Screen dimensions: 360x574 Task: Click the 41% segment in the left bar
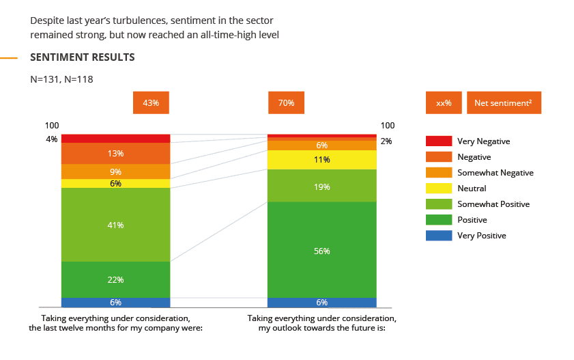[115, 225]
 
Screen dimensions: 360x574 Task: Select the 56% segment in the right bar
[321, 250]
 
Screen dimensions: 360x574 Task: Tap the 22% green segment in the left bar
[115, 279]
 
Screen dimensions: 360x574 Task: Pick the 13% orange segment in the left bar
[115, 153]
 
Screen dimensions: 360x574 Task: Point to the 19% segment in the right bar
[321, 186]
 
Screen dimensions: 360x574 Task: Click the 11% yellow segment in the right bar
[321, 160]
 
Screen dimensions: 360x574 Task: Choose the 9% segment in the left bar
[115, 171]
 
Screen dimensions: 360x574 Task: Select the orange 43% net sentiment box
[151, 103]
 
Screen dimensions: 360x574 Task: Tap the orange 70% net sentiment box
[286, 103]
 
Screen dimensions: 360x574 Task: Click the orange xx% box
[444, 103]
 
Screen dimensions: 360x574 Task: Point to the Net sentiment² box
[504, 103]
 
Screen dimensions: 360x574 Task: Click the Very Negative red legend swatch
[438, 141]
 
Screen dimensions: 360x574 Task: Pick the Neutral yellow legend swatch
[438, 188]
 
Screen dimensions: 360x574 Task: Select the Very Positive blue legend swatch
[438, 236]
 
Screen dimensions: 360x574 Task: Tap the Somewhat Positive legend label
[493, 204]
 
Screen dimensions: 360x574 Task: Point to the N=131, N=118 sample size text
[61, 79]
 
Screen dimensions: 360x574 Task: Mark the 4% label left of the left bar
[52, 139]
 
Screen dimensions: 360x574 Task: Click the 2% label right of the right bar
[386, 141]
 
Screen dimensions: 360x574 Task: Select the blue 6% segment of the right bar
[321, 303]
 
